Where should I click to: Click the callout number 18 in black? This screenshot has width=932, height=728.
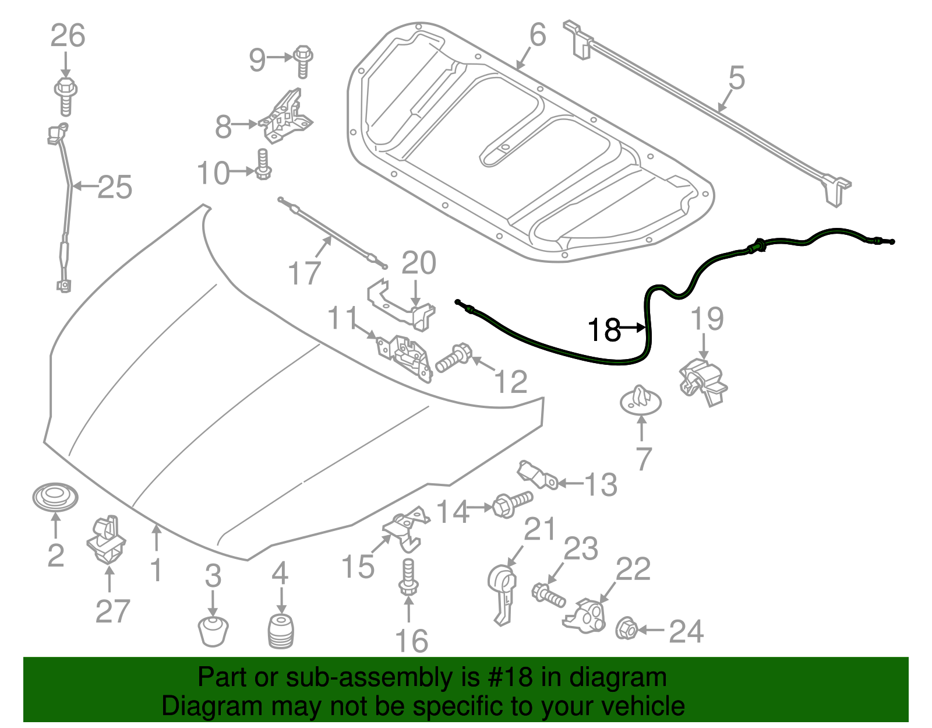604,330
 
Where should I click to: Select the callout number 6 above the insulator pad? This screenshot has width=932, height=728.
537,35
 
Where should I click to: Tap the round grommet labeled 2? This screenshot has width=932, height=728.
55,497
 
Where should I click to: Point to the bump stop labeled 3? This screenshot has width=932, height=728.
213,631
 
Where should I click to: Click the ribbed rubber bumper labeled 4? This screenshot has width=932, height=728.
281,631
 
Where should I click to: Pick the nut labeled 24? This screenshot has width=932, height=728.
626,628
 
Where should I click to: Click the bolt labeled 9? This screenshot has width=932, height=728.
303,60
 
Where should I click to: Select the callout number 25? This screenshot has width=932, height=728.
115,187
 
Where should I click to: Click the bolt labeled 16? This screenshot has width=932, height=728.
408,577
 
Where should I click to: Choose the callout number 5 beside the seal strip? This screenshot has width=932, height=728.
736,78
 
